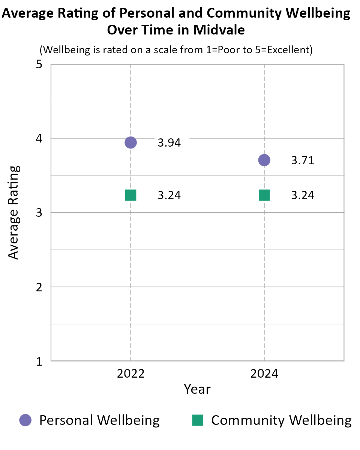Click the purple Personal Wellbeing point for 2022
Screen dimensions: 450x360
[x=130, y=142]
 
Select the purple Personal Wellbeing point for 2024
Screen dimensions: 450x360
[x=264, y=160]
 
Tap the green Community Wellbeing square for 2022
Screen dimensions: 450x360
[x=130, y=195]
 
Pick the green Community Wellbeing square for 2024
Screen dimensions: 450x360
[x=264, y=195]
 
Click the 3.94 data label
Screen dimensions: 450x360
[x=169, y=143]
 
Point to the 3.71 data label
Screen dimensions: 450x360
[x=303, y=160]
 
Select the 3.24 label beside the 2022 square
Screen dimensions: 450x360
[x=169, y=196]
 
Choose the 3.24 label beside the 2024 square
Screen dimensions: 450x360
[x=303, y=196]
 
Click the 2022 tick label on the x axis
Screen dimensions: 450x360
[x=130, y=374]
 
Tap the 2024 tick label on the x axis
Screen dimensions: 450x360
[x=264, y=374]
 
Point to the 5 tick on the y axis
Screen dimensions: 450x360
[x=39, y=64]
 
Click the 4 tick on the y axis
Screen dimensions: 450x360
[x=39, y=139]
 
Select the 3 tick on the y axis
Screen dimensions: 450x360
[x=39, y=213]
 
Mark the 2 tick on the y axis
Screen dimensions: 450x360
[x=39, y=287]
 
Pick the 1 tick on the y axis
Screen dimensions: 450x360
[x=39, y=361]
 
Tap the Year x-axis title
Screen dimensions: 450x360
[x=197, y=389]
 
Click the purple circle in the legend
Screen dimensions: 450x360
[x=25, y=420]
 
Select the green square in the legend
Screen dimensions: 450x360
[x=198, y=420]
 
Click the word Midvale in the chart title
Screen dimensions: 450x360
[x=219, y=30]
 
